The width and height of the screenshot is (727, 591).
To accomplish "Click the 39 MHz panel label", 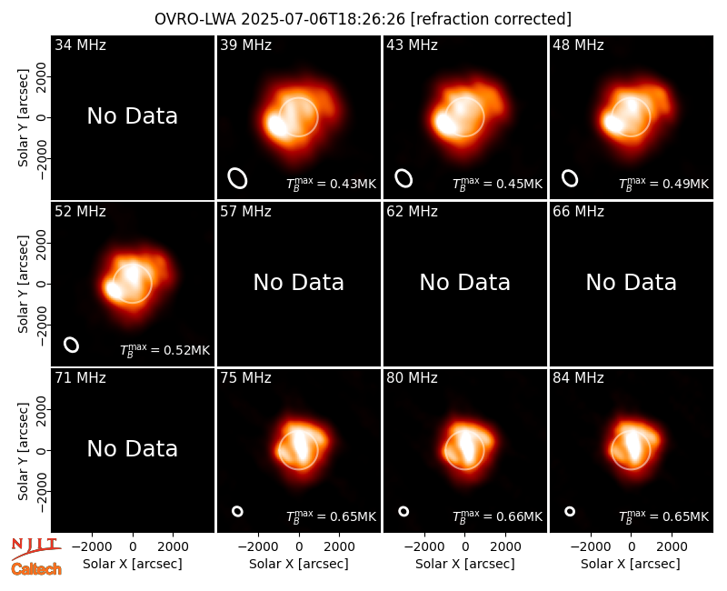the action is pos(245,45).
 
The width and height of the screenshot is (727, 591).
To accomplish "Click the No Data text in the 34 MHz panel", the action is pos(133,116).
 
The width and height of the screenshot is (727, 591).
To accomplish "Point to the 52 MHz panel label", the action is pos(80,212).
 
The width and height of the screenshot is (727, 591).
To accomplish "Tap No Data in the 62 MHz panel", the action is pos(465,283).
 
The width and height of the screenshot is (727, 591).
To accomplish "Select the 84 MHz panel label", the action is pos(578,378).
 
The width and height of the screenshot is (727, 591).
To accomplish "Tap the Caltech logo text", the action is pos(36,569).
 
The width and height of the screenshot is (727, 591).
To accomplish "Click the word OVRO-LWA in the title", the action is pos(195,19).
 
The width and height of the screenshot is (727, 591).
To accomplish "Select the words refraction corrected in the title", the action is pos(491,19).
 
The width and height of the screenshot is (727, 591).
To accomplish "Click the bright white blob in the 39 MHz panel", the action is pos(277,125).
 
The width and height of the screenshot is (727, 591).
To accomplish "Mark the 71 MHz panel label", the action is pos(80,378).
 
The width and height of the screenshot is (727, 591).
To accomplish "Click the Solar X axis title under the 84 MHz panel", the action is pos(631,564).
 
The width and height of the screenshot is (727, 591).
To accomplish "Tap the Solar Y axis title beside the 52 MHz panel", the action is pos(23,284).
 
